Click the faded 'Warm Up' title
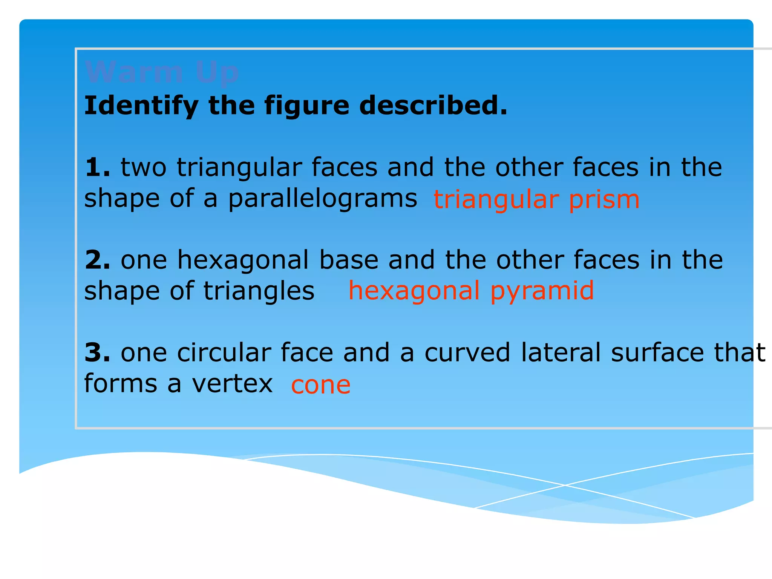162,72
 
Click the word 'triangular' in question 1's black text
239,168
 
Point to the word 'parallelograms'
323,199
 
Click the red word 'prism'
604,199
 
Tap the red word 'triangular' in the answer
496,200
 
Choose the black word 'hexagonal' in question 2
243,260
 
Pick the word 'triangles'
259,291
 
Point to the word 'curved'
467,352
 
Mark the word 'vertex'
232,384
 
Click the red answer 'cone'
321,385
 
